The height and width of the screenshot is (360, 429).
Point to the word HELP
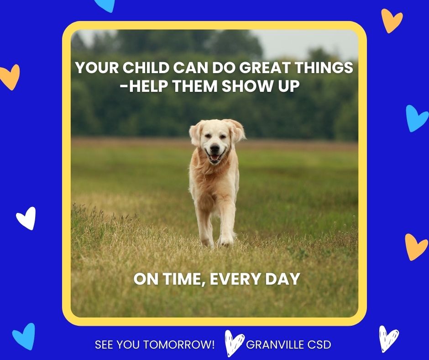coord(148,86)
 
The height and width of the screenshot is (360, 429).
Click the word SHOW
coord(247,86)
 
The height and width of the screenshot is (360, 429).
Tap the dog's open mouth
coord(214,157)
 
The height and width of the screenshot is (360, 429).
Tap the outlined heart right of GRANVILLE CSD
coord(389,339)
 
